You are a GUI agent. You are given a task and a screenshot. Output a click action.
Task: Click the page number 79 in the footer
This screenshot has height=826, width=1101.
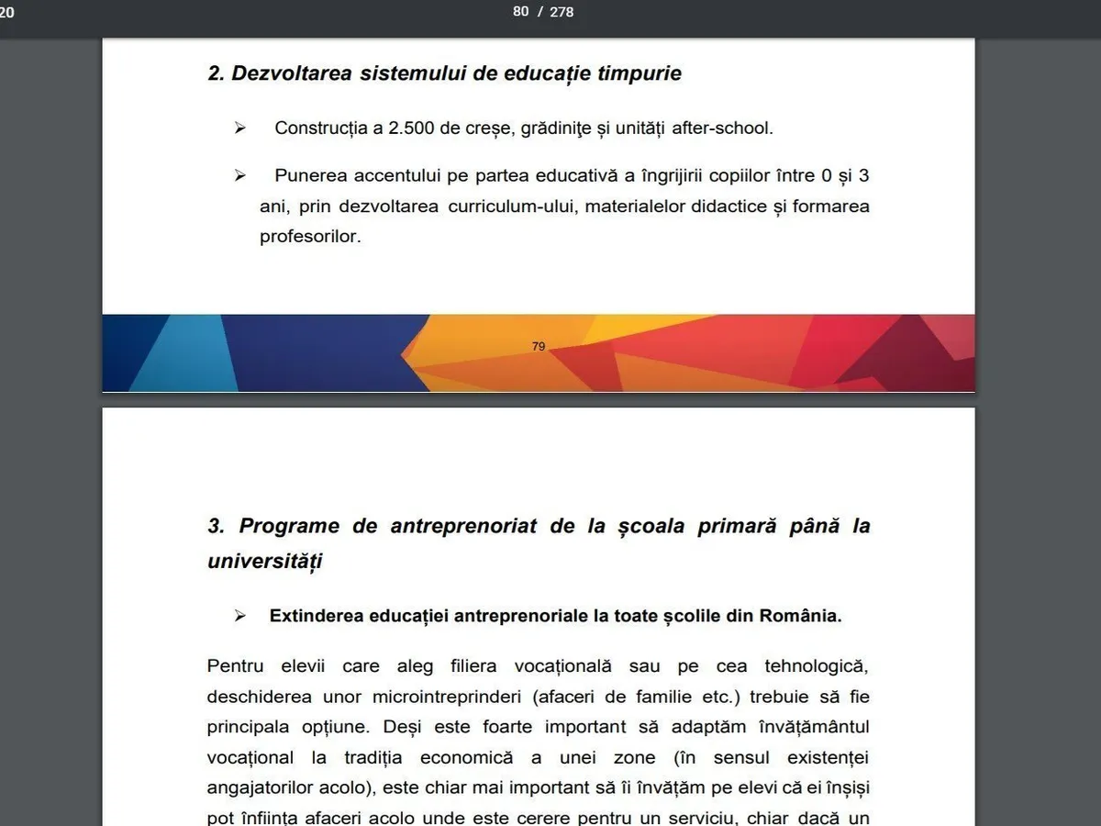click(x=539, y=347)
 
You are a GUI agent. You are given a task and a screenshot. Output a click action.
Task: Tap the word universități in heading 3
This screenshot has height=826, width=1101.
click(x=264, y=561)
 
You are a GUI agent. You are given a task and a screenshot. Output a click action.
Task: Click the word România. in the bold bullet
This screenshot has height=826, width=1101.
click(x=800, y=616)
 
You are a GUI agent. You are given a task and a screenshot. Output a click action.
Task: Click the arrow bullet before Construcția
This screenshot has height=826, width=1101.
click(x=240, y=128)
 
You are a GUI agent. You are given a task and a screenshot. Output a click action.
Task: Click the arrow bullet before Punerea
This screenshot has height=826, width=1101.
click(x=240, y=175)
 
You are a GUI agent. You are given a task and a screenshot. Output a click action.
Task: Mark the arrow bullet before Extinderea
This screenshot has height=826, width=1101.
click(x=240, y=616)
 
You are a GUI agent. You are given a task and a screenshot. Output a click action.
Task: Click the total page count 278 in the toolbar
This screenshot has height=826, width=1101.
click(x=562, y=12)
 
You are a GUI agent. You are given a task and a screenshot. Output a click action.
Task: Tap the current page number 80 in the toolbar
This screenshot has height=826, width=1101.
click(x=521, y=12)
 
